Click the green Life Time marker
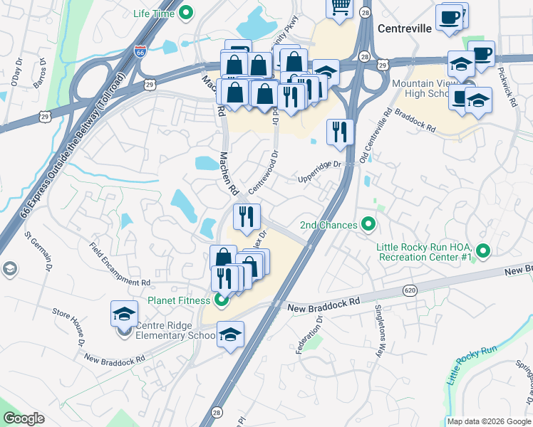187,13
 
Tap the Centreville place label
405,29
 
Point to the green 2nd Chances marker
368,225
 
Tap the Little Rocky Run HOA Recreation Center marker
484,251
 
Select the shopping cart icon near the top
341,7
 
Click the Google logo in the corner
24,418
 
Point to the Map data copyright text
488,421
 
